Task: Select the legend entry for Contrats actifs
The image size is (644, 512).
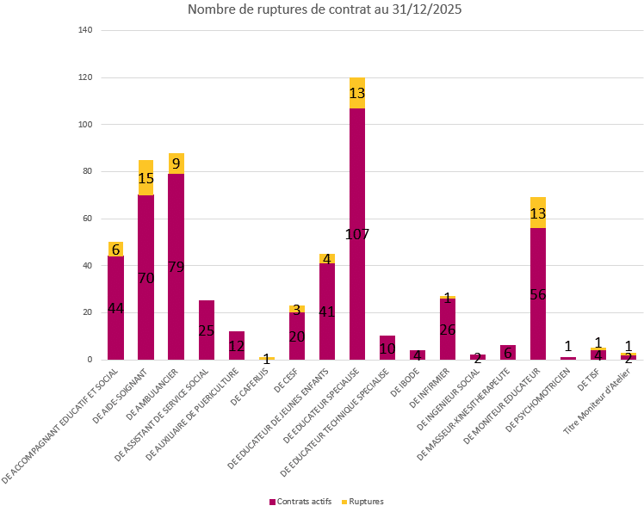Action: (300, 501)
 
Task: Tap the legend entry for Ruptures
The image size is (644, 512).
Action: (362, 501)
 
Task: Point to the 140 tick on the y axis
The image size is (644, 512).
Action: (85, 31)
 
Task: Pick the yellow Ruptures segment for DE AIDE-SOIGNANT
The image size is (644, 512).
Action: (146, 177)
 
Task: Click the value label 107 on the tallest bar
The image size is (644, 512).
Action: (356, 234)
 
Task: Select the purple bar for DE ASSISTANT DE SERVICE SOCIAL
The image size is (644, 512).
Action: (206, 330)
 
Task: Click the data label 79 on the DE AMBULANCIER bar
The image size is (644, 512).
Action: (176, 267)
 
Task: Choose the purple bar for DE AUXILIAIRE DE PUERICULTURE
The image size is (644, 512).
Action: (236, 345)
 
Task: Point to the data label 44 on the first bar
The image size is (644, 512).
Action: (115, 308)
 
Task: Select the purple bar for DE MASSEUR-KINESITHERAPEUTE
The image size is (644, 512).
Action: (507, 352)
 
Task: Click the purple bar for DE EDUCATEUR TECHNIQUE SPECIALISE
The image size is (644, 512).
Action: (387, 348)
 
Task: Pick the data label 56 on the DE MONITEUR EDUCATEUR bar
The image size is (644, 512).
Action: (537, 294)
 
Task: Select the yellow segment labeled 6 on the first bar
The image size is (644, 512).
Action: (115, 249)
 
